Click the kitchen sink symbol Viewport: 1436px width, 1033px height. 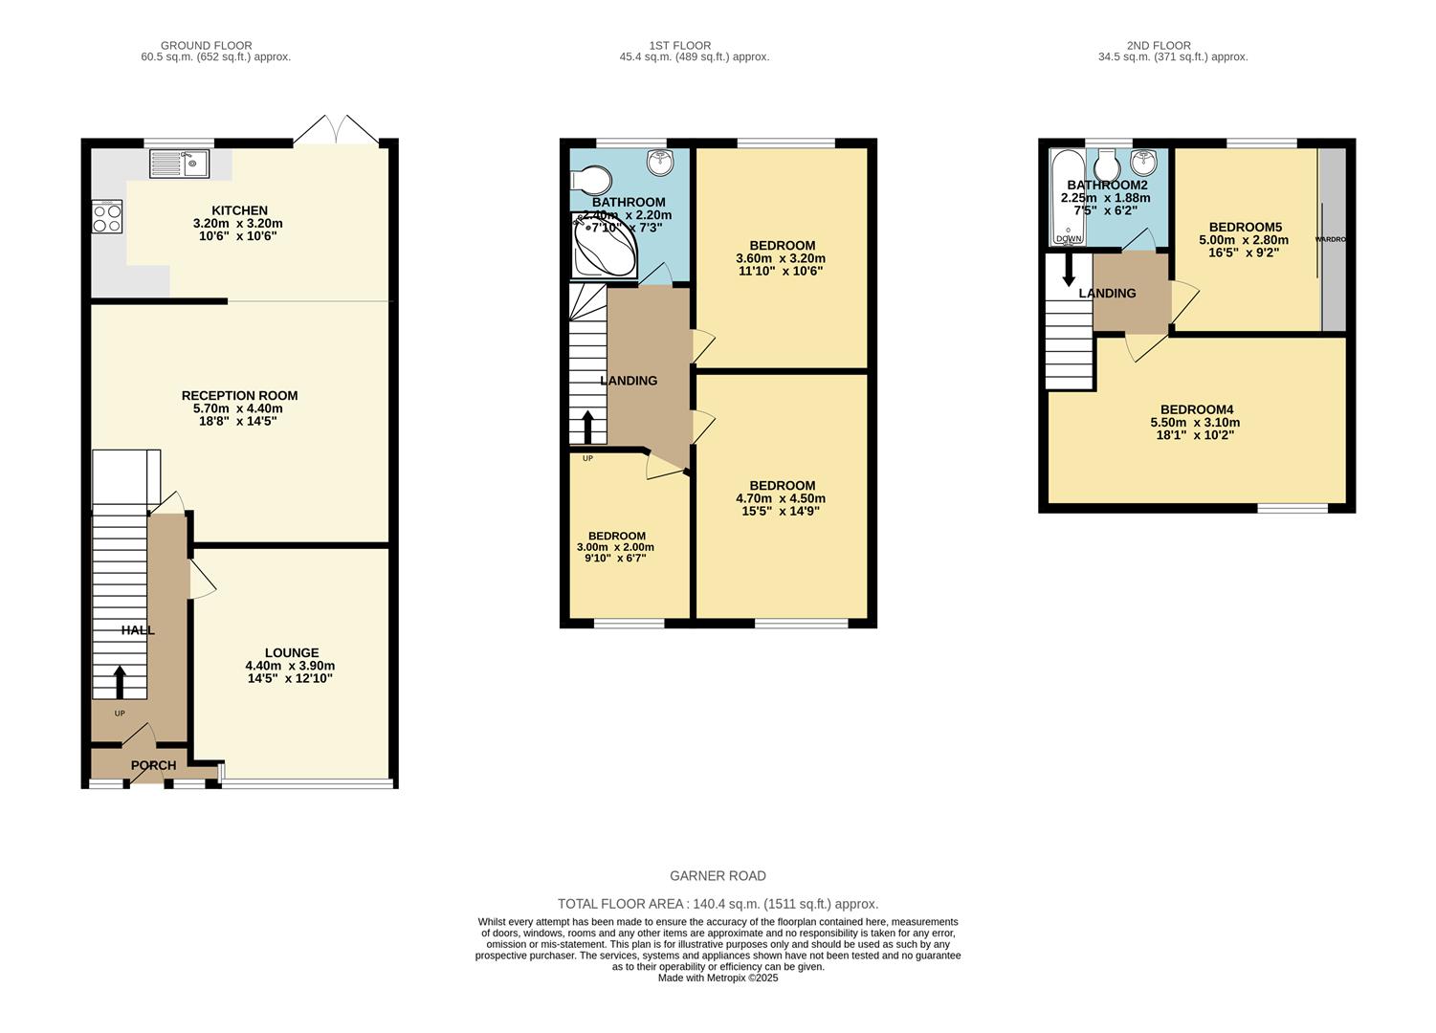click(180, 164)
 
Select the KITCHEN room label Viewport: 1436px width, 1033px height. click(239, 210)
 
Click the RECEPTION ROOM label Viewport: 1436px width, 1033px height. click(239, 395)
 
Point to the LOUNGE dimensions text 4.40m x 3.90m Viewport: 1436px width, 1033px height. click(290, 666)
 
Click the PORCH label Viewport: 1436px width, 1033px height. click(153, 765)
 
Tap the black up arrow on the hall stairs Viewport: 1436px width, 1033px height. click(120, 682)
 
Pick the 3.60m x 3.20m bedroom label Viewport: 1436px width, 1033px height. click(781, 258)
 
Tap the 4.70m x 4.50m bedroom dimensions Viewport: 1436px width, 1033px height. click(781, 498)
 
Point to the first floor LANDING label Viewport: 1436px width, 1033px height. click(629, 381)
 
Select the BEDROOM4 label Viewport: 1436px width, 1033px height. click(1196, 409)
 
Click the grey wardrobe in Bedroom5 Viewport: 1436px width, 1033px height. click(1334, 239)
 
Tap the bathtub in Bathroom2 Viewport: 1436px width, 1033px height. click(1068, 198)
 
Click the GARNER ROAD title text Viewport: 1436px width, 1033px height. click(718, 876)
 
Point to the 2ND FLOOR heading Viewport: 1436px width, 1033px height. click(1159, 45)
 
